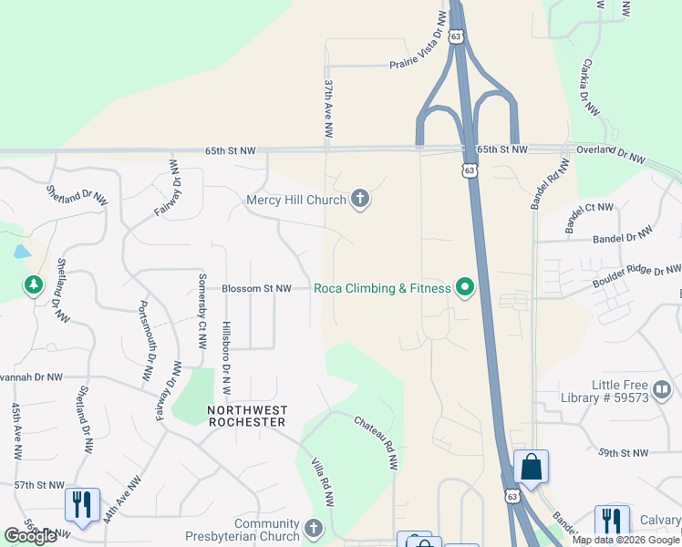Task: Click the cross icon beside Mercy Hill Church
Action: pos(360,200)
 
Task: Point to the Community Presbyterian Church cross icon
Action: pos(314,529)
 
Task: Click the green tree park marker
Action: pos(34,286)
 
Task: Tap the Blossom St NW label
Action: pos(256,289)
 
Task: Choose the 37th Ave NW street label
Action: pos(327,108)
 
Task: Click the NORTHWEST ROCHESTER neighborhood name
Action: pos(246,416)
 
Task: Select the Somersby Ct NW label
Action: pos(202,311)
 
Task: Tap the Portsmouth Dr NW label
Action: pos(144,340)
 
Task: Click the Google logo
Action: pos(30,536)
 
